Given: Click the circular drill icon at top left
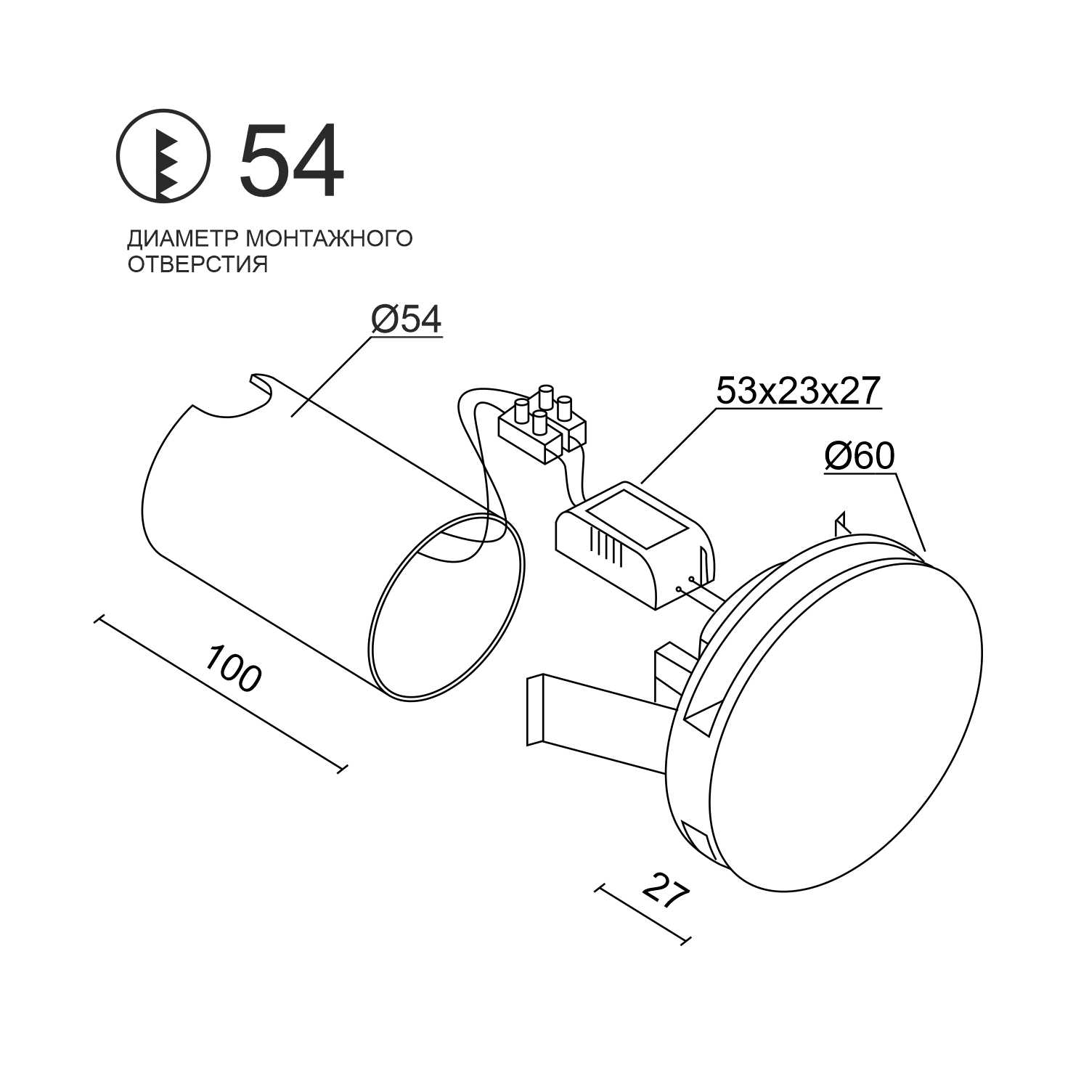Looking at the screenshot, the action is point(163,155).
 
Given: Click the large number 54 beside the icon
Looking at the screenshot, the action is point(290,160).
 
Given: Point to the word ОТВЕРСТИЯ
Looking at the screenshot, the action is point(197,264).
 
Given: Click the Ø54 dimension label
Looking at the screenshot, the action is point(406,320).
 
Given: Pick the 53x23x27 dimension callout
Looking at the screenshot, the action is point(798,391).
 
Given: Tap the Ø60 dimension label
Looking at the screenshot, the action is point(860,456).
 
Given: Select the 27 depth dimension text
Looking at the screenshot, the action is point(665,892).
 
